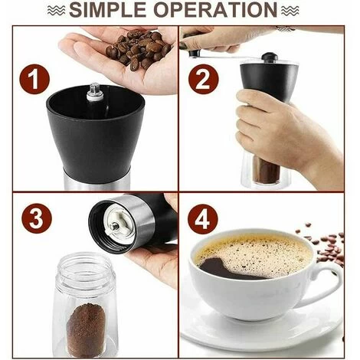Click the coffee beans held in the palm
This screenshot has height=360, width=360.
click(138, 50)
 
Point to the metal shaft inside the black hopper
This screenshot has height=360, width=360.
click(95, 92)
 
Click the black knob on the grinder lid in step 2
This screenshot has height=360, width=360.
click(269, 57)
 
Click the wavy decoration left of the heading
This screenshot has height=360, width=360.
click(56, 10)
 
